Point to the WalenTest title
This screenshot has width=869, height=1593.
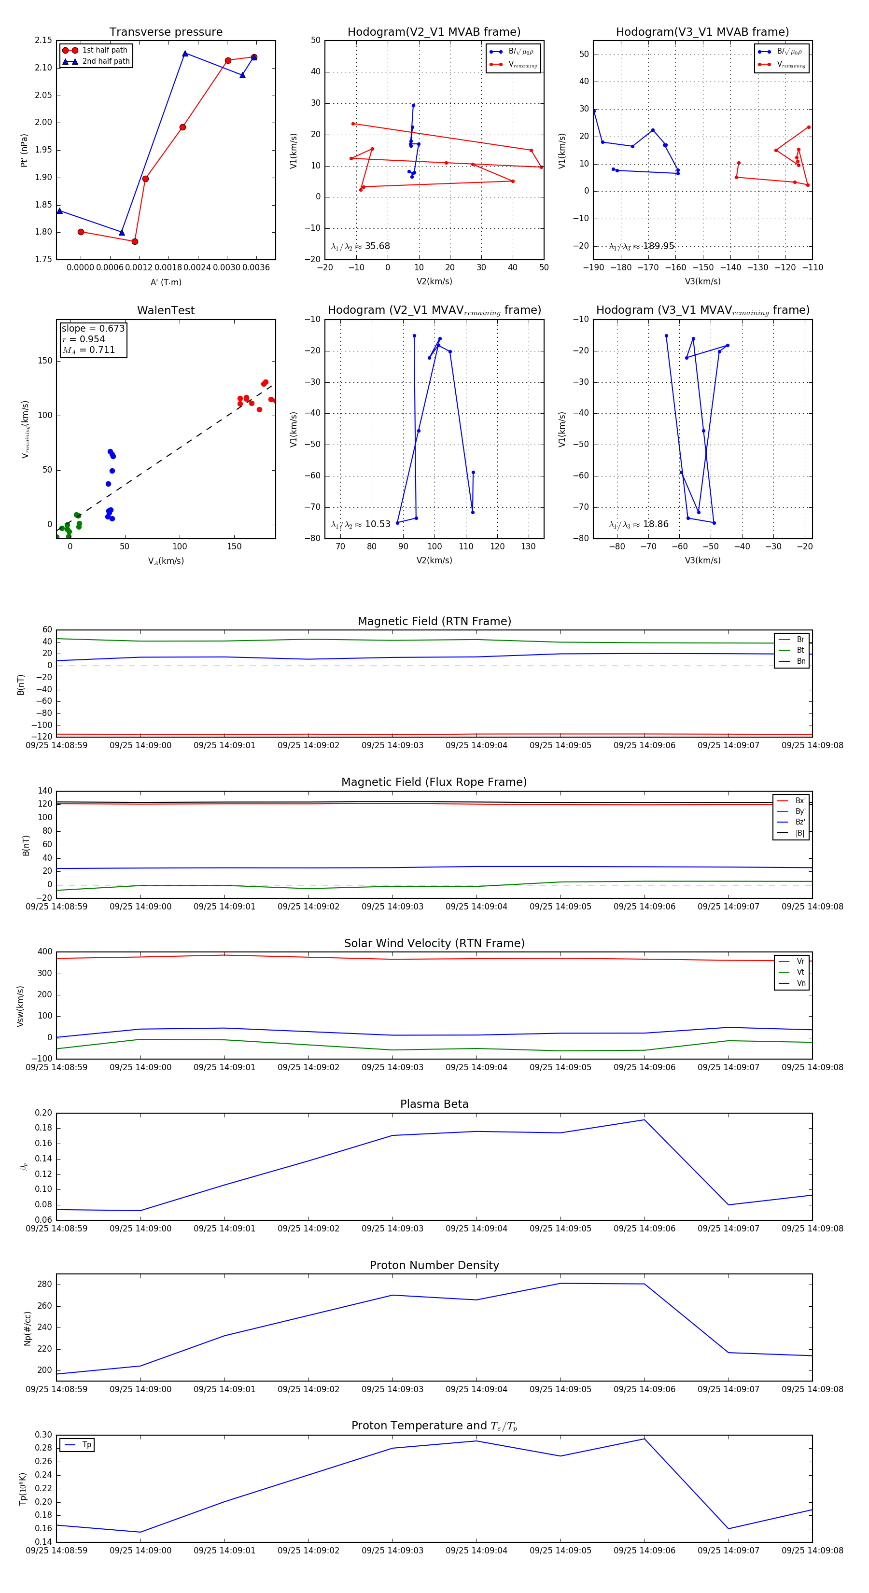pyautogui.click(x=166, y=310)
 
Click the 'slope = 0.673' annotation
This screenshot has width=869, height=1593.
pyautogui.click(x=93, y=328)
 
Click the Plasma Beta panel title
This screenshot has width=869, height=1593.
pyautogui.click(x=434, y=1104)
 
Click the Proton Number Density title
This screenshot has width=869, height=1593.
pyautogui.click(x=434, y=1265)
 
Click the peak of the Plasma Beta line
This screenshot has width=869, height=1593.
pyautogui.click(x=645, y=1119)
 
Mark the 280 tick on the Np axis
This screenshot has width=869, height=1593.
pyautogui.click(x=44, y=1285)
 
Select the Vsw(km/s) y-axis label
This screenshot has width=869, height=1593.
pyautogui.click(x=20, y=1006)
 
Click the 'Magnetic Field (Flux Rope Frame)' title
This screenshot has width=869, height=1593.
pyautogui.click(x=434, y=783)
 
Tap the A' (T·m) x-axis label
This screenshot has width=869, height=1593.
pyautogui.click(x=166, y=282)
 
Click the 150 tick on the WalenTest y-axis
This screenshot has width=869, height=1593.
pyautogui.click(x=45, y=361)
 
